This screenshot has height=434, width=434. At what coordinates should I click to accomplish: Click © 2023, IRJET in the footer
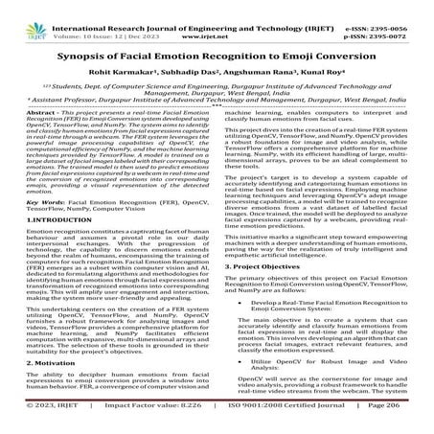coord(44,424)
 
